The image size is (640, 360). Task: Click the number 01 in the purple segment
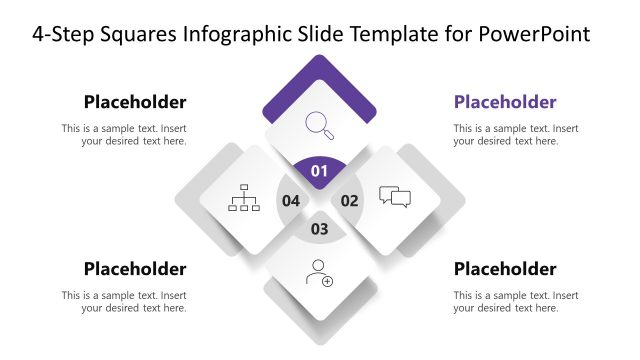point(320,172)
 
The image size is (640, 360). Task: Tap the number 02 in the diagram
point(350,200)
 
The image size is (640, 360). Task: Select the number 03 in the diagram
point(320,229)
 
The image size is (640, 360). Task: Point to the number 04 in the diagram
point(291,200)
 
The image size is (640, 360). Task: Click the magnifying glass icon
point(320,125)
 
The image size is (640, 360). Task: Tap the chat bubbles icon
point(395,197)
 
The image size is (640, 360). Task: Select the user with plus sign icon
point(320,272)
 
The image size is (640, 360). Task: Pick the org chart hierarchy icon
point(244,197)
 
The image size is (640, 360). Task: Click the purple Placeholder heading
point(505,102)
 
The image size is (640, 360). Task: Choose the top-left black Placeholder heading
point(135,102)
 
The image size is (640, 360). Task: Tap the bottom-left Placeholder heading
point(135,269)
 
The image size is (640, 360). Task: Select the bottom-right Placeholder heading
point(505,269)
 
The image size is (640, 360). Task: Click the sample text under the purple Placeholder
point(516,135)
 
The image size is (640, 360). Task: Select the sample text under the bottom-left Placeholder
point(124,302)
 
